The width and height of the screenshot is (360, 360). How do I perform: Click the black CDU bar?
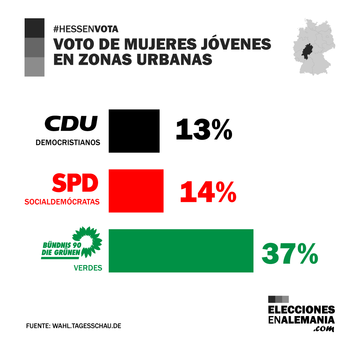click(134, 131)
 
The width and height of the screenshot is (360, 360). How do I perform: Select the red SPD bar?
click(136, 191)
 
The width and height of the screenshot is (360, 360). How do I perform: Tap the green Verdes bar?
click(181, 251)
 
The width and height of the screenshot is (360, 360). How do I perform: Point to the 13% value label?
click(204, 129)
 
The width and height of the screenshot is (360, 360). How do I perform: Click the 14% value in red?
click(208, 192)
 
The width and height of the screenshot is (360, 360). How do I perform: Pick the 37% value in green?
click(290, 253)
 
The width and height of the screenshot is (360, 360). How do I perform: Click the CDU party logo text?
click(71, 123)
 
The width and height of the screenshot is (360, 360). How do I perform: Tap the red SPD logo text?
click(75, 183)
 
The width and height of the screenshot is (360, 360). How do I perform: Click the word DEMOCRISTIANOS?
click(68, 143)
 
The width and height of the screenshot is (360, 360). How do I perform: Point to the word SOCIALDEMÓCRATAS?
click(62, 202)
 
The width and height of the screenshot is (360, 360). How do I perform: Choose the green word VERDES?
click(88, 268)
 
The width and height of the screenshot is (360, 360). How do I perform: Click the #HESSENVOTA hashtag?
click(86, 29)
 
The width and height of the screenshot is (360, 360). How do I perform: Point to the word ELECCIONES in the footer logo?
click(301, 310)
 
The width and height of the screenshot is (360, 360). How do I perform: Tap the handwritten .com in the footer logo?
click(323, 329)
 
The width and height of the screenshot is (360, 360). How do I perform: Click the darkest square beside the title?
click(34, 28)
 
